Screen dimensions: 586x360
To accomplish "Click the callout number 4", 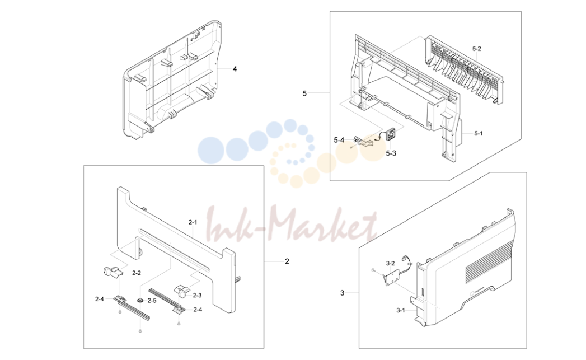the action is click(x=235, y=69).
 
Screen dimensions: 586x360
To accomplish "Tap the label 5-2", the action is click(x=476, y=49).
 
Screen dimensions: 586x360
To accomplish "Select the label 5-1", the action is click(x=479, y=133).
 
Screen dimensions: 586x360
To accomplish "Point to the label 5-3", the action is click(x=391, y=153).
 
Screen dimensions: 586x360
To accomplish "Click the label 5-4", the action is click(x=339, y=140).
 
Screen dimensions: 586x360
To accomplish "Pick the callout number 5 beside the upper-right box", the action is click(x=304, y=93).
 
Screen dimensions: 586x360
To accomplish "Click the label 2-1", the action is click(x=193, y=222).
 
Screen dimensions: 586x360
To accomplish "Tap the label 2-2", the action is click(x=137, y=273).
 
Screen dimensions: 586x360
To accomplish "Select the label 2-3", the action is click(x=198, y=295).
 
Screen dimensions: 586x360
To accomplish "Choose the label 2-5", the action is click(x=152, y=301).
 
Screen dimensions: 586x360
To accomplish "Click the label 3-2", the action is click(x=390, y=263).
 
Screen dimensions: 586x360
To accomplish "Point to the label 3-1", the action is click(x=401, y=310).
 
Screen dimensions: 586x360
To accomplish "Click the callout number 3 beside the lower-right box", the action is click(x=343, y=293).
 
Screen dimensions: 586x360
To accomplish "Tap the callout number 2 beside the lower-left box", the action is click(x=287, y=261).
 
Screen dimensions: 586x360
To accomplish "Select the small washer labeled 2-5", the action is click(x=140, y=301).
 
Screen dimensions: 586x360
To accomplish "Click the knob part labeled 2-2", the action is click(x=111, y=271).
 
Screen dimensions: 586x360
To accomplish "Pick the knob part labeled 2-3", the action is click(x=181, y=291).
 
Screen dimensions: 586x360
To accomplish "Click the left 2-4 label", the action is click(x=100, y=298).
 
